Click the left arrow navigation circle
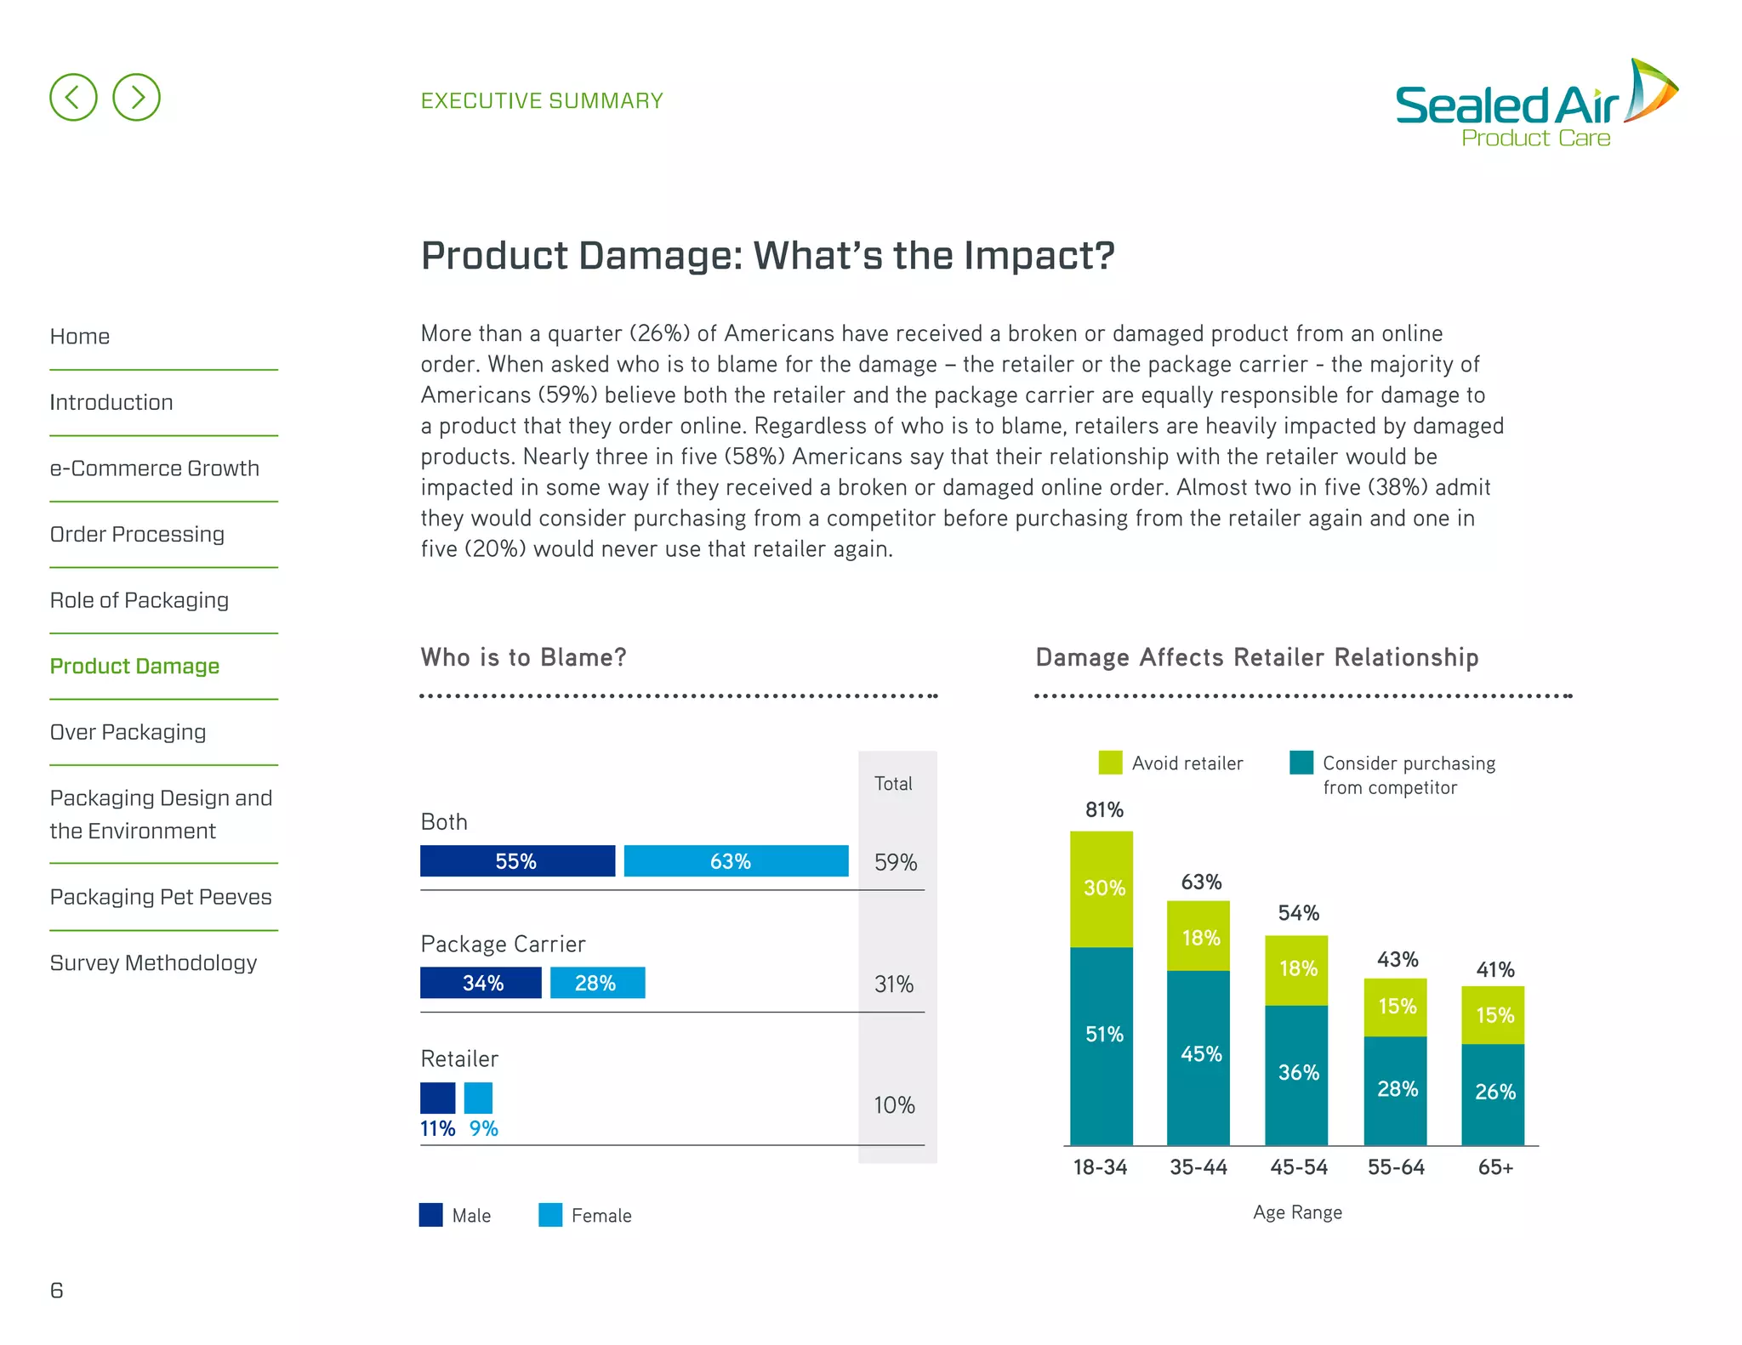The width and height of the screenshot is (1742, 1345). (x=73, y=97)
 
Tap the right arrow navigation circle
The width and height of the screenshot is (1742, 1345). (x=136, y=97)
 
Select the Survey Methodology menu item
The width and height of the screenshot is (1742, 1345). (x=153, y=962)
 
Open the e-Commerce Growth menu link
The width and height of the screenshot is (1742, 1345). (x=154, y=468)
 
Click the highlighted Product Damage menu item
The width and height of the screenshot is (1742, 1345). (x=134, y=666)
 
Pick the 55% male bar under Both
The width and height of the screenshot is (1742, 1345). (x=516, y=860)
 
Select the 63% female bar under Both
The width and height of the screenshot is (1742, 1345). (x=736, y=860)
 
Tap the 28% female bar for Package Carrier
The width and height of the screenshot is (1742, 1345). (x=597, y=983)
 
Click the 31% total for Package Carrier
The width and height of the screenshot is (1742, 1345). (x=894, y=984)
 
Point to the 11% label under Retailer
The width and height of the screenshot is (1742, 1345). (x=437, y=1128)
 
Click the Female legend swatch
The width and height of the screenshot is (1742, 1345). (x=550, y=1215)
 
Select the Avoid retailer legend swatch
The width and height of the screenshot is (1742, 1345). (x=1110, y=763)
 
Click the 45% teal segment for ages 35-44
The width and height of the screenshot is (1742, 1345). (x=1198, y=1054)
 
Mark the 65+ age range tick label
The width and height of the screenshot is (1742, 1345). (x=1494, y=1167)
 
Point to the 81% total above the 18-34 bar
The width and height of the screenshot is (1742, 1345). (x=1103, y=809)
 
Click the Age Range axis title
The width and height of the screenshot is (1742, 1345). (x=1297, y=1212)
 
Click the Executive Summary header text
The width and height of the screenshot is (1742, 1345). (x=542, y=100)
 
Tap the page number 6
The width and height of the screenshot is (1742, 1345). (x=57, y=1290)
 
